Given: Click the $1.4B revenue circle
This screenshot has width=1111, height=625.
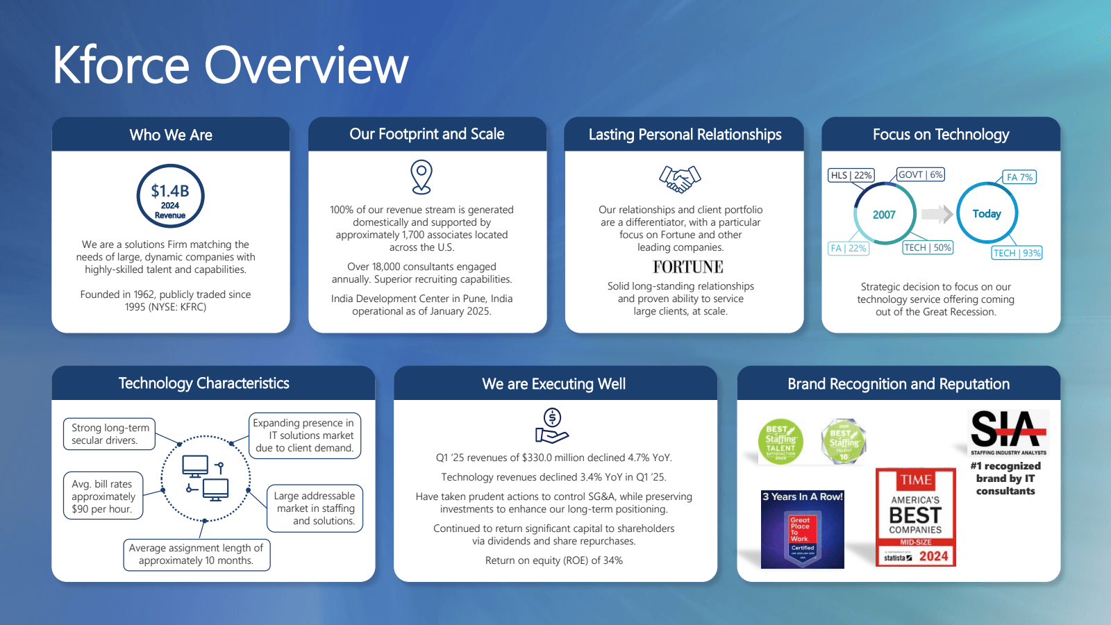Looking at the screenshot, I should pos(170,196).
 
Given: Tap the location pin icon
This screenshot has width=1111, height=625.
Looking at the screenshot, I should pos(421,176).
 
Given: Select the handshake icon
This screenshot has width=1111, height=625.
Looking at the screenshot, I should pos(680,178).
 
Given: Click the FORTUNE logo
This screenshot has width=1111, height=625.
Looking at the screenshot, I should pos(687,267).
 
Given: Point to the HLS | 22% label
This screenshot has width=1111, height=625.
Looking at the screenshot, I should pos(851,175).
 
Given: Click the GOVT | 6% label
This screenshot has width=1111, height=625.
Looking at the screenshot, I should pos(920,174).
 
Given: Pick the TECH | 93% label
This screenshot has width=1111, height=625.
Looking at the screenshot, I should pos(1017,253).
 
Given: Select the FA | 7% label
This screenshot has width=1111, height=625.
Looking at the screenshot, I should pos(1019,177).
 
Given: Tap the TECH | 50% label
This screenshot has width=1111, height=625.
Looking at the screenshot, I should pos(927,247).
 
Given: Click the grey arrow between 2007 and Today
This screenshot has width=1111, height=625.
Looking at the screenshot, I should pos(937,214).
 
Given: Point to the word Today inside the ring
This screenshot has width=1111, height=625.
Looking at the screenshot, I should pos(987,214).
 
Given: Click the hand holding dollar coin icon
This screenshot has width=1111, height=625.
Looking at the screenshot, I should pos(552,426).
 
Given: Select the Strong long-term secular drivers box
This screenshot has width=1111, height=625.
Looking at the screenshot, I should pos(110,434).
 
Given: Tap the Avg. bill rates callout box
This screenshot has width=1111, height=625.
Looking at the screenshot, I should pos(103,496).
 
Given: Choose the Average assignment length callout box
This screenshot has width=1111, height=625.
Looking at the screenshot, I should pos(197,554).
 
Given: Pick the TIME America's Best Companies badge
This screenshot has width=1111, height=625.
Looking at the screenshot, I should pos(916,517).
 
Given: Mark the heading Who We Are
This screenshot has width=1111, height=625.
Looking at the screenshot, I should pos(171,135).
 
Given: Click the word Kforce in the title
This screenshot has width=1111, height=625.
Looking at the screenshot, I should pos(121,65).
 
